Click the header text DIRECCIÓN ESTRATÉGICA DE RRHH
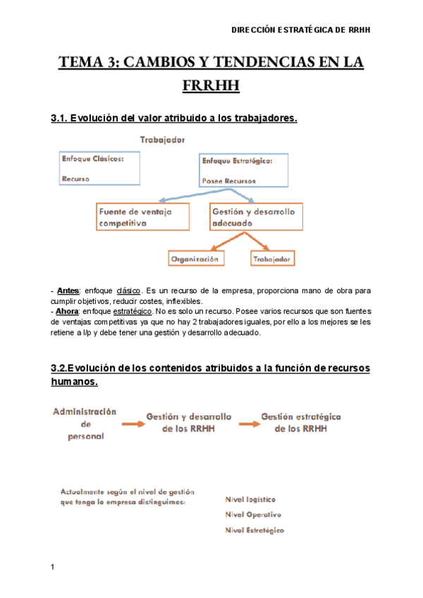(301, 30)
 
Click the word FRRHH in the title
(211, 86)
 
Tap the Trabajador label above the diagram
(162, 140)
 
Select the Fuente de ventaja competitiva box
(142, 216)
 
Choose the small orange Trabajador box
(271, 259)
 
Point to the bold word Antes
(68, 291)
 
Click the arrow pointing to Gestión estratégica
(248, 424)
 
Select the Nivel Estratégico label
(255, 530)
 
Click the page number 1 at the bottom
(53, 567)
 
